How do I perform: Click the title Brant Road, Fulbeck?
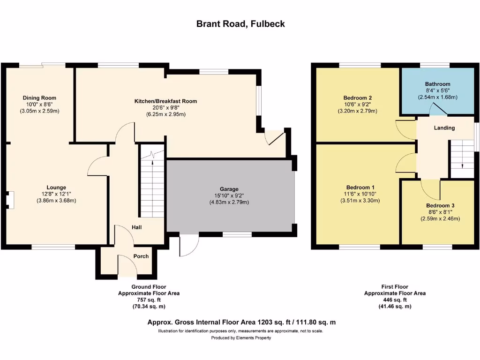click(240, 24)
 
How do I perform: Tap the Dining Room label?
click(39, 98)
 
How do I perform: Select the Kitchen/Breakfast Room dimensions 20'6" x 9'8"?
click(165, 107)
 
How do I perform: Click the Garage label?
click(230, 189)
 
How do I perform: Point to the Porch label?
click(141, 256)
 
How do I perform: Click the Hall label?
click(136, 227)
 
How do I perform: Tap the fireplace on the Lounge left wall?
click(9, 200)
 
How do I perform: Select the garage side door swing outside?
click(189, 246)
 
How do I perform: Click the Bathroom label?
click(437, 84)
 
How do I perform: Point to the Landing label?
click(444, 128)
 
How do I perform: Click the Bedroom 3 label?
click(440, 206)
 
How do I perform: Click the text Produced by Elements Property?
click(240, 337)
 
